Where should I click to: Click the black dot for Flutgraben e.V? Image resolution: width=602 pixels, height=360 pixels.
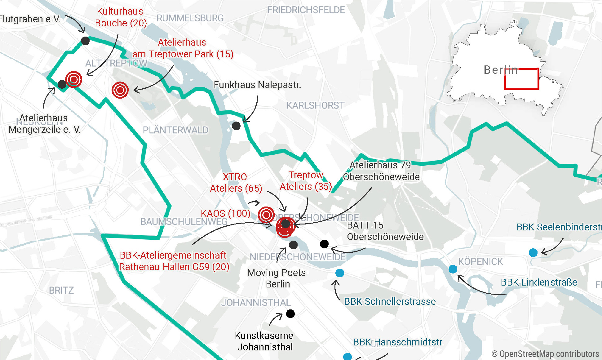click(x=85, y=41)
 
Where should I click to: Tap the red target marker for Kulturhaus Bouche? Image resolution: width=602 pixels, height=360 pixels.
click(x=74, y=79)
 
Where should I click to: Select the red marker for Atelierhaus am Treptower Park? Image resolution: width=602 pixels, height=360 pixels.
click(x=120, y=90)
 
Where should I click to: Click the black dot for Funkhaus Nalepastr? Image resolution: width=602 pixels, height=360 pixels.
click(x=236, y=126)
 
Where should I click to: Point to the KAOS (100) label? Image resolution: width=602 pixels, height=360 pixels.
click(x=225, y=213)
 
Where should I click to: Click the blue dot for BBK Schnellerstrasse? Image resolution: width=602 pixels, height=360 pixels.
click(x=340, y=273)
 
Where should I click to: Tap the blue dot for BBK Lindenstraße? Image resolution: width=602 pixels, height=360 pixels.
click(x=453, y=269)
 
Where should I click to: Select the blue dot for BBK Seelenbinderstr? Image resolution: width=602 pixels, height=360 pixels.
click(x=533, y=252)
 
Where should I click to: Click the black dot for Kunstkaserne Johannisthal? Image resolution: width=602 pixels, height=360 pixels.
click(x=290, y=313)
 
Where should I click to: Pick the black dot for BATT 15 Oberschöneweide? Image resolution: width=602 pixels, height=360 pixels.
click(x=324, y=244)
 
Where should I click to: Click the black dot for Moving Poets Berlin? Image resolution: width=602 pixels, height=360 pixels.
click(x=293, y=245)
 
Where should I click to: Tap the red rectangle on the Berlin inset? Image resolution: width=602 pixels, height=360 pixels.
click(x=522, y=79)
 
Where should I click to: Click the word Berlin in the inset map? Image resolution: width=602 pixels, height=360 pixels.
click(x=501, y=70)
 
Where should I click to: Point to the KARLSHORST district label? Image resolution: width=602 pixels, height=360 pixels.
click(x=315, y=105)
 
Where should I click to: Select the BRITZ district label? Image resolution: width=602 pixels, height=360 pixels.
click(x=61, y=290)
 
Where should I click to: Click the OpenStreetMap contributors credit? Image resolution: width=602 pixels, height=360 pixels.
click(x=545, y=354)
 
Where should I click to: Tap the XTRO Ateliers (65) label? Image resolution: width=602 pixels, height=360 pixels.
click(x=236, y=182)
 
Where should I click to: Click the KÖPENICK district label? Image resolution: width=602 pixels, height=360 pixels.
click(x=480, y=261)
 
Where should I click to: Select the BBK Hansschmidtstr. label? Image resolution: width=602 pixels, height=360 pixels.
click(x=398, y=342)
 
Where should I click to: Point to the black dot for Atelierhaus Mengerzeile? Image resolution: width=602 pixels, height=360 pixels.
click(x=62, y=84)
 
